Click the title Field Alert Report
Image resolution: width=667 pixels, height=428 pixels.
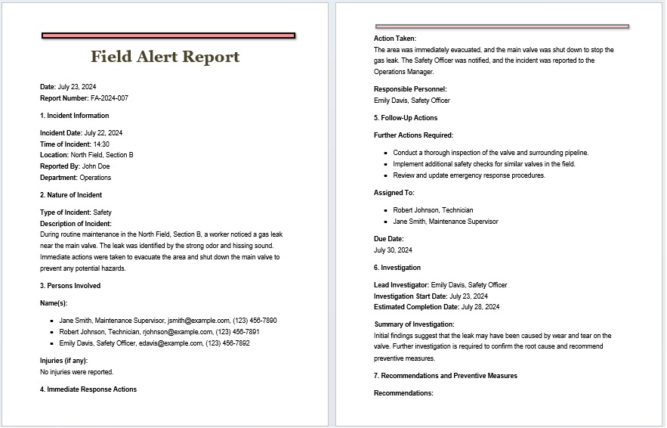coord(165,57)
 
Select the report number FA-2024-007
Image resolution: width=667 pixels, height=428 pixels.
coord(110,98)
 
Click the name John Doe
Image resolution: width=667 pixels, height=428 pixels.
coord(96,166)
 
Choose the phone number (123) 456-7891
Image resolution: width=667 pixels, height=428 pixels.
coord(237,332)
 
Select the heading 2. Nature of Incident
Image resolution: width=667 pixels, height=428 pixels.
coord(71,195)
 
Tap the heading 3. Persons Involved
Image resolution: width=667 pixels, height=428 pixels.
coord(70,286)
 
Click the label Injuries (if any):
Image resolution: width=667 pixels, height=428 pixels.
coord(64,361)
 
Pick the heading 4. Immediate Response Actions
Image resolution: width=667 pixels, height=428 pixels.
coord(88,389)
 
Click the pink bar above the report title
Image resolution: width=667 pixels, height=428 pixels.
coord(168,36)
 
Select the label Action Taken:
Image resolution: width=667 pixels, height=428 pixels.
coord(395,39)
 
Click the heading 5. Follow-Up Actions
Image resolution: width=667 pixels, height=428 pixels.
coord(406,118)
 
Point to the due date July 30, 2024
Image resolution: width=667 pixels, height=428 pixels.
coord(393,250)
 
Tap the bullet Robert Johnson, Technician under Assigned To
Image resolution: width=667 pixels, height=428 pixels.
coord(434,210)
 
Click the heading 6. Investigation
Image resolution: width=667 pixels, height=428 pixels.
coord(397,268)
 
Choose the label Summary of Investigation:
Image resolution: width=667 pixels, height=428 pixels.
coord(415,324)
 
